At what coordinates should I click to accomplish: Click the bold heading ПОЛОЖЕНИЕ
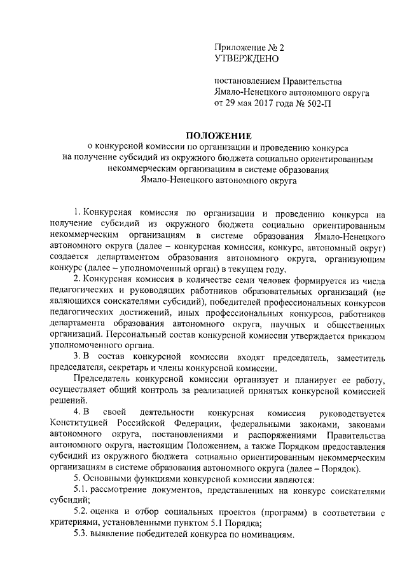[218, 135]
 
